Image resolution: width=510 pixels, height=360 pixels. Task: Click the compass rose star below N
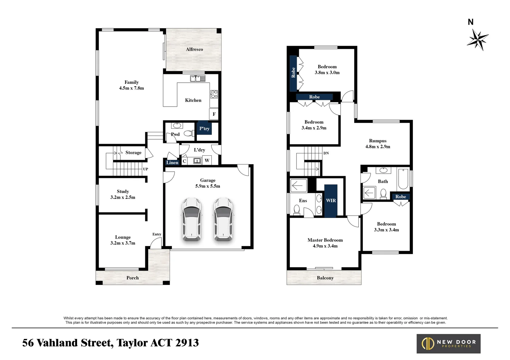(478, 40)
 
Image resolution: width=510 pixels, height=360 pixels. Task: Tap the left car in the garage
(191, 219)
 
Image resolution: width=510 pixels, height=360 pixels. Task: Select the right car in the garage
(223, 219)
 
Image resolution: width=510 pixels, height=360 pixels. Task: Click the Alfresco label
(194, 49)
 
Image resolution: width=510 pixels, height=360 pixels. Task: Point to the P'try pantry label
(204, 129)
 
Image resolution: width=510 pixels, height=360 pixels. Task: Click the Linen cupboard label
(172, 163)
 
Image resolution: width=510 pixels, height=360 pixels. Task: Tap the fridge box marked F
(214, 114)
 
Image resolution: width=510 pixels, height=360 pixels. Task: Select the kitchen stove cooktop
(214, 94)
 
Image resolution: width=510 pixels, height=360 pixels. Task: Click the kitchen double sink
(198, 78)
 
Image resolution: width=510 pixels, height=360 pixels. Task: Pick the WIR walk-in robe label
(331, 200)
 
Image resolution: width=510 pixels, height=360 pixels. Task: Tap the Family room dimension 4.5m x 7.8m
(131, 88)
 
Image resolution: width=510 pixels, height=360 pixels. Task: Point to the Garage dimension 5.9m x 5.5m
(207, 186)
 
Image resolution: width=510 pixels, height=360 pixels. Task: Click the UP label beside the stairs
(145, 169)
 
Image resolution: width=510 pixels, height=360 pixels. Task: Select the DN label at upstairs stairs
(326, 153)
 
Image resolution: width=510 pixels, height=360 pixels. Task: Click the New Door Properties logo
(448, 344)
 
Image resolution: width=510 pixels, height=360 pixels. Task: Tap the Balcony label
(325, 278)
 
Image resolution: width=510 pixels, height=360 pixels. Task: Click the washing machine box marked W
(207, 161)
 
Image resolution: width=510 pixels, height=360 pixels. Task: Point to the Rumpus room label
(378, 141)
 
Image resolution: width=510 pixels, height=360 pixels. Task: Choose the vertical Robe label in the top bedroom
(293, 73)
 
